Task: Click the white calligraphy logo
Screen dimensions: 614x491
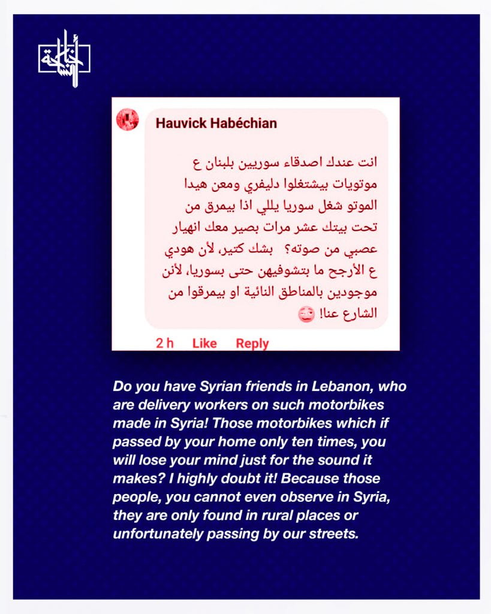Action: coord(65,59)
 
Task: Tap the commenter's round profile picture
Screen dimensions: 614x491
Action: coord(127,120)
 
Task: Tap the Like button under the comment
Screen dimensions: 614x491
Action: coord(204,344)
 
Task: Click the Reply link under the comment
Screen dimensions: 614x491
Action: coord(252,344)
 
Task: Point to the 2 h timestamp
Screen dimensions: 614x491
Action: coord(165,344)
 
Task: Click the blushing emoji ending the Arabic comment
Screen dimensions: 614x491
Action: coord(306,315)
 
